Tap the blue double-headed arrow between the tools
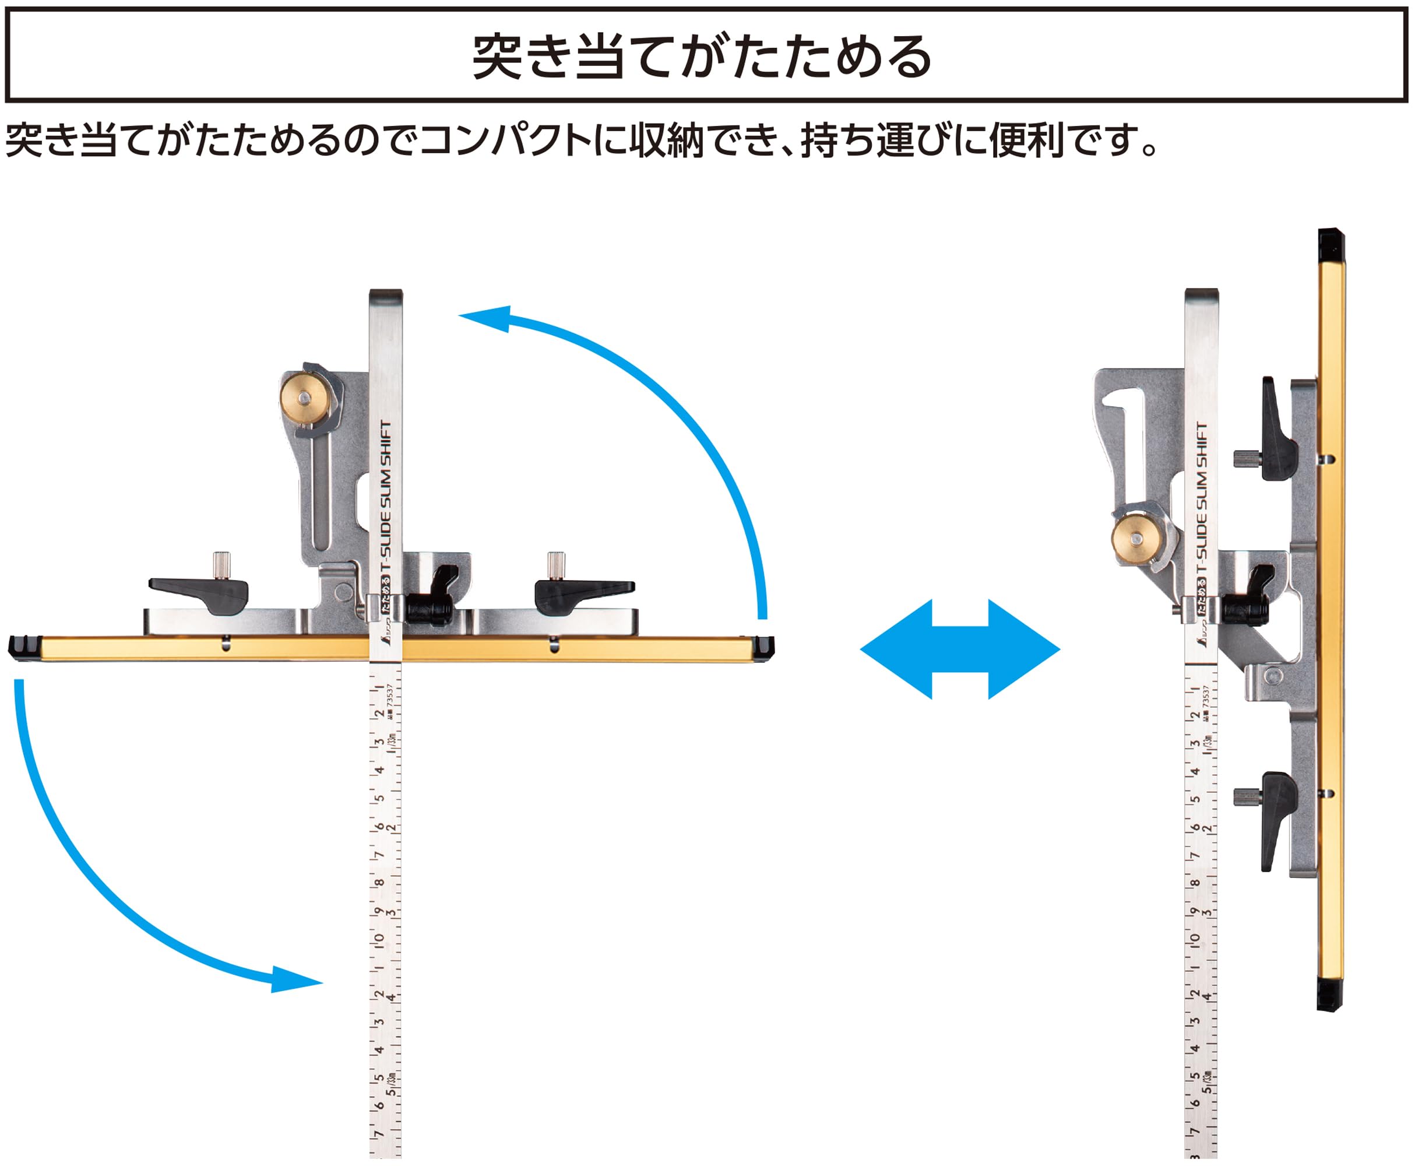coord(960,649)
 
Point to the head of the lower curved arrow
coord(295,980)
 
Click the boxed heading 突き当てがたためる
coord(702,57)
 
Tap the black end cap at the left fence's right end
coord(763,648)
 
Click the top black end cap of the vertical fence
coord(1330,246)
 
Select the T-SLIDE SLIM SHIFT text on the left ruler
coord(385,497)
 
